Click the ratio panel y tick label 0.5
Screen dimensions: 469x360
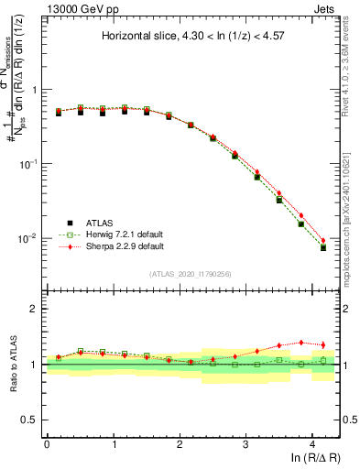pyautogui.click(x=34, y=420)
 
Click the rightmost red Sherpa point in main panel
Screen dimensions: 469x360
pyautogui.click(x=322, y=240)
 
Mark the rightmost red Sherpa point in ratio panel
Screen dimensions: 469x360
pyautogui.click(x=322, y=344)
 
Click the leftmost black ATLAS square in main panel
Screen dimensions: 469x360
pyautogui.click(x=58, y=113)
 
